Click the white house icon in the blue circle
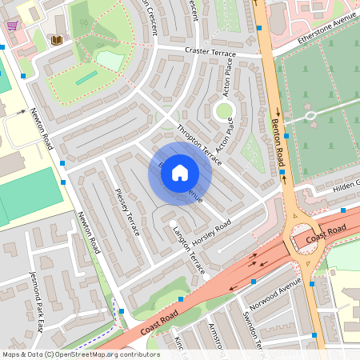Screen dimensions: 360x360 [x=180, y=172]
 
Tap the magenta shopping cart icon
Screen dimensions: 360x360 [x=13, y=26]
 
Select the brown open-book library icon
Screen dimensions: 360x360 [x=55, y=39]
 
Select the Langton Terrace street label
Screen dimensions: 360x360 [x=189, y=250]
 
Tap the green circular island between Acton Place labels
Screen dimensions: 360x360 [x=224, y=111]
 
